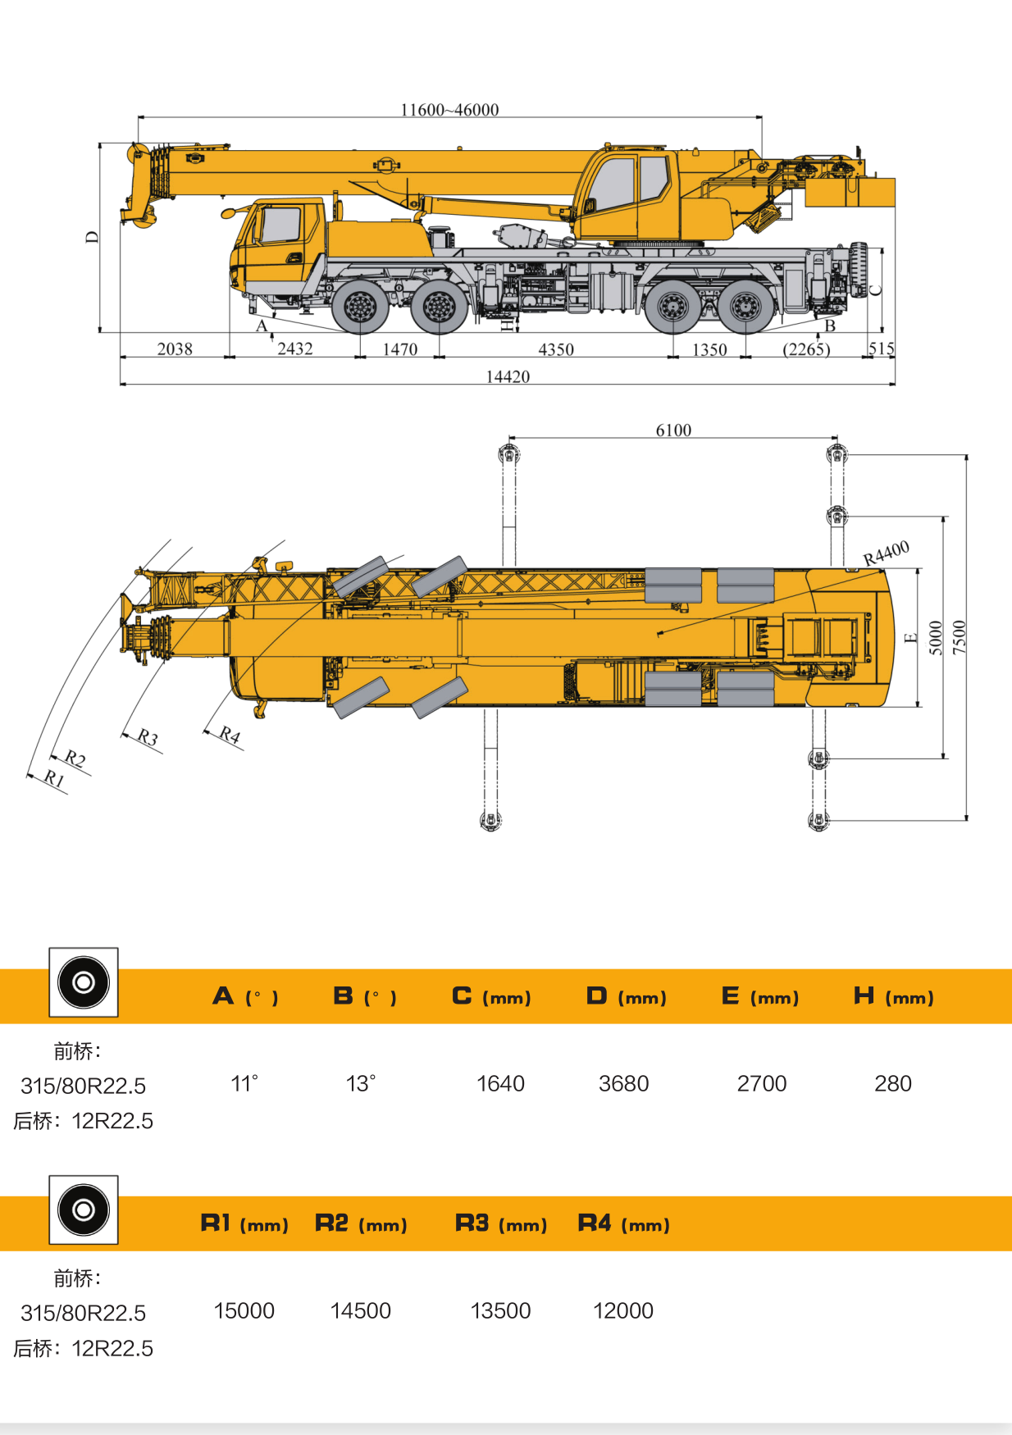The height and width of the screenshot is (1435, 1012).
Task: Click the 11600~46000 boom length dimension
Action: point(449,110)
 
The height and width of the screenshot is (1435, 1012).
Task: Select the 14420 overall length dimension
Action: point(508,376)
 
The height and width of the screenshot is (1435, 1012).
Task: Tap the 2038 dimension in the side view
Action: point(175,349)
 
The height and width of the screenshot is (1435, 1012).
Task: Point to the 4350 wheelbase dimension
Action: point(555,350)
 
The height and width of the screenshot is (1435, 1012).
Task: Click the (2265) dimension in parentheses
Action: point(806,350)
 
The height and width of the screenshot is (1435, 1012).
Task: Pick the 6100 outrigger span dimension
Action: point(673,430)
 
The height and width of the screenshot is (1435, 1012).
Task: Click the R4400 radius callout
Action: point(886,553)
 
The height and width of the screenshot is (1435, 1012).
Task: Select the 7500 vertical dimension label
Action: point(960,637)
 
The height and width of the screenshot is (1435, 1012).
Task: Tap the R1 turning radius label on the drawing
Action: point(54,778)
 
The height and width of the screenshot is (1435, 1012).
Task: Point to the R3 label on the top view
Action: point(148,736)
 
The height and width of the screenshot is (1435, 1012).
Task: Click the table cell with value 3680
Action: point(623,1084)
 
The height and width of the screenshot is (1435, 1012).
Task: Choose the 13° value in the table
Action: point(361,1084)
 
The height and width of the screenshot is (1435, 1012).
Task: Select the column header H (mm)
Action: point(893,997)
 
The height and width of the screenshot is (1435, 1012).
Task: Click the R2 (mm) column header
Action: point(361,1224)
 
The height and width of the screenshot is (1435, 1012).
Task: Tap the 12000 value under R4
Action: point(623,1311)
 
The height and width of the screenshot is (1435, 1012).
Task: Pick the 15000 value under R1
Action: point(244,1311)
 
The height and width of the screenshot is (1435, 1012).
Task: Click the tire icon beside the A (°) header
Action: point(84,982)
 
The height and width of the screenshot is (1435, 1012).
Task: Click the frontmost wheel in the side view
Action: point(360,307)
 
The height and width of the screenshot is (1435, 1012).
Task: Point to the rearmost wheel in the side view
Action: point(745,307)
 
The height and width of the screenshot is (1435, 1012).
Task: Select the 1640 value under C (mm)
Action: point(500,1084)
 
